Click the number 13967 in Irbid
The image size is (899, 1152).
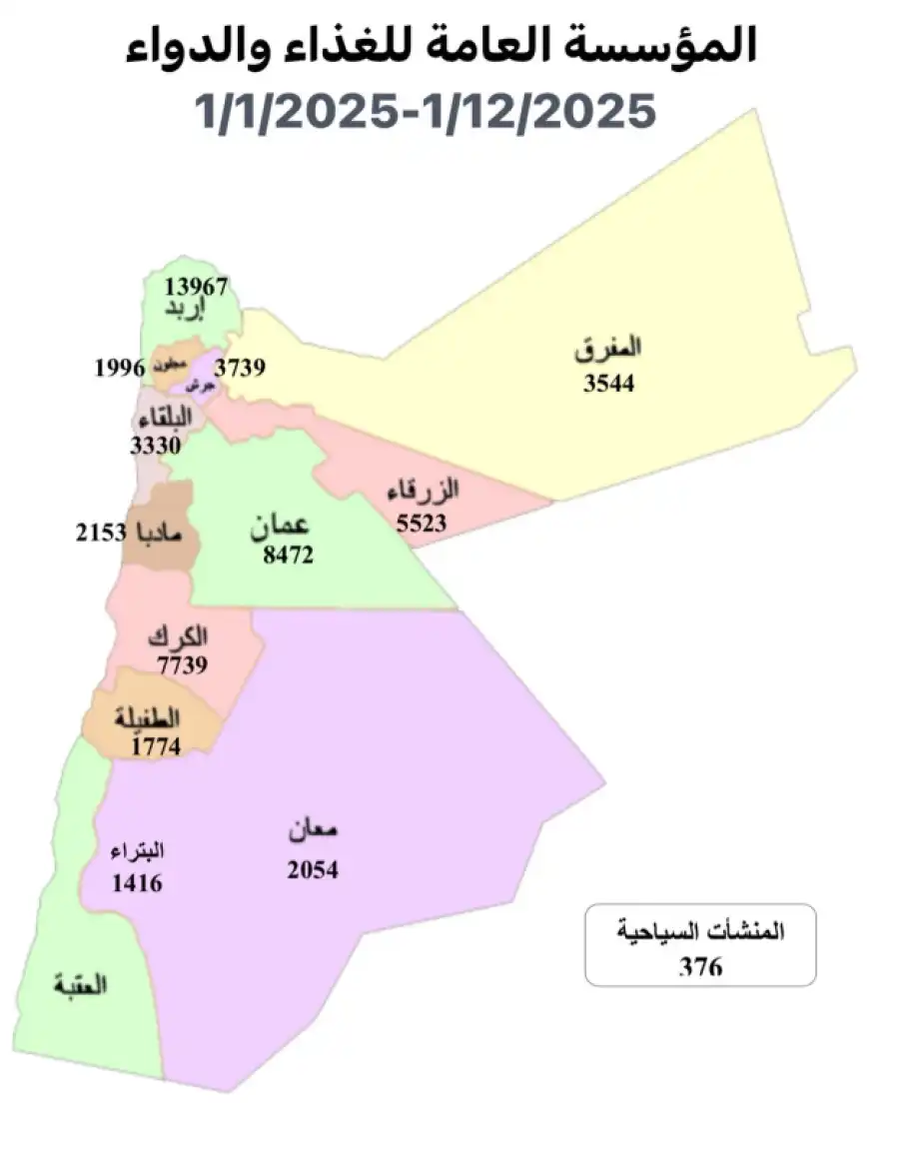pyautogui.click(x=196, y=287)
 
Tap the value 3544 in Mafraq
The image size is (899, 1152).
pyautogui.click(x=609, y=383)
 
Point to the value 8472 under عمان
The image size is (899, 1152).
pyautogui.click(x=289, y=555)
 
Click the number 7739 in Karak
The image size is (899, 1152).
pyautogui.click(x=182, y=665)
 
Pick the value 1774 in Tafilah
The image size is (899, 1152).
pyautogui.click(x=155, y=745)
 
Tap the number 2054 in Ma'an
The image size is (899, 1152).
pyautogui.click(x=313, y=870)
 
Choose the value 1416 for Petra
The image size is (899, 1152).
pyautogui.click(x=137, y=883)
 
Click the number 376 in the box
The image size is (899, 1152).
pyautogui.click(x=700, y=966)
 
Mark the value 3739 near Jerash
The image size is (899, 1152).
pyautogui.click(x=239, y=368)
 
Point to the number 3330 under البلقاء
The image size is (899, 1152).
pyautogui.click(x=155, y=446)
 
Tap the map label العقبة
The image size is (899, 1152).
pyautogui.click(x=81, y=984)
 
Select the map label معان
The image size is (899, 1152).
pyautogui.click(x=314, y=830)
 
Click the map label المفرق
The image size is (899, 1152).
pyautogui.click(x=609, y=350)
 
